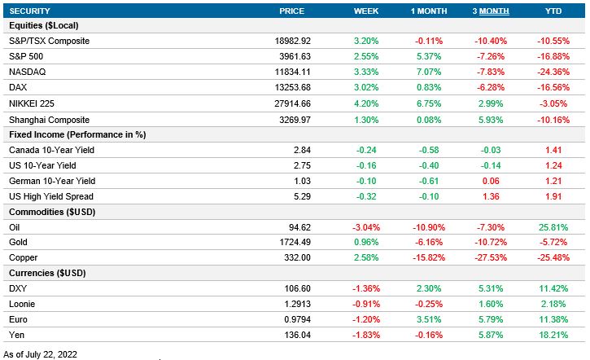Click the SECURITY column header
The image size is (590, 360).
click(30, 11)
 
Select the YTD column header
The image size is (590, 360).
click(553, 11)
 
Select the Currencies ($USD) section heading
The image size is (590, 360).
click(47, 274)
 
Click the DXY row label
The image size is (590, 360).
click(17, 289)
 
